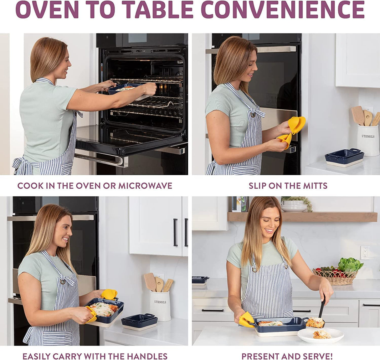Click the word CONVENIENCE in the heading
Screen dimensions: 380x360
pyautogui.click(x=283, y=10)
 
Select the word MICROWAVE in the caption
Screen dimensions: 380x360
pyautogui.click(x=145, y=186)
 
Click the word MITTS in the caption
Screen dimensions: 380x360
pyautogui.click(x=315, y=186)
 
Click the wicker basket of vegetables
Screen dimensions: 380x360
pyautogui.click(x=335, y=277)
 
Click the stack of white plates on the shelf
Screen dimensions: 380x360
pyautogui.click(x=294, y=206)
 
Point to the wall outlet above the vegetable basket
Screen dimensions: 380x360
pyautogui.click(x=365, y=253)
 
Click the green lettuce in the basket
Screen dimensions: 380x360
pyautogui.click(x=350, y=265)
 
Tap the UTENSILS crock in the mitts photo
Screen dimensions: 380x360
pyautogui.click(x=368, y=140)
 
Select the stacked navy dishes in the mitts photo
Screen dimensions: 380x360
pyautogui.click(x=344, y=157)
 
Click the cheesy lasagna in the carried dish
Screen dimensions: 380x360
pyautogui.click(x=104, y=309)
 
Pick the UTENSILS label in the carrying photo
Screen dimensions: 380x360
pyautogui.click(x=160, y=302)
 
